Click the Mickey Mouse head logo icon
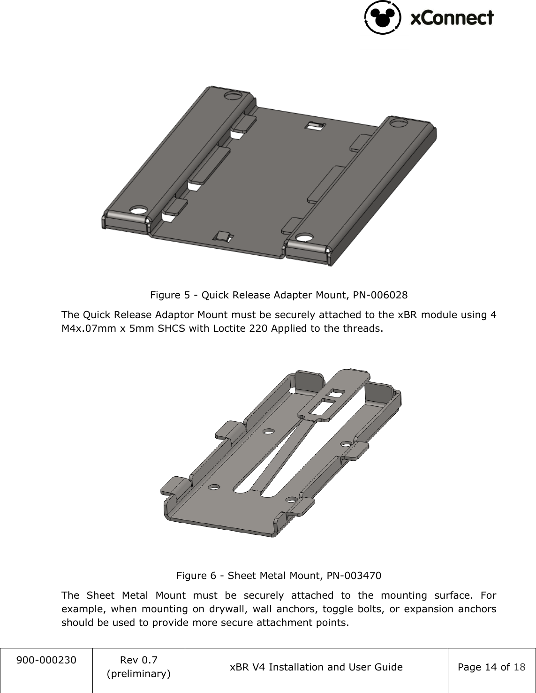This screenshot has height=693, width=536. (383, 18)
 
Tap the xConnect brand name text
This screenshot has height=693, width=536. (452, 18)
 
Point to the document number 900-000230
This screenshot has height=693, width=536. (46, 660)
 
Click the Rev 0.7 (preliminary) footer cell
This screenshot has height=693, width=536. (139, 667)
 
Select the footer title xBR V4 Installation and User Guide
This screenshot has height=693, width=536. (316, 667)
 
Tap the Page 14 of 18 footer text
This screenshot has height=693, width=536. (491, 667)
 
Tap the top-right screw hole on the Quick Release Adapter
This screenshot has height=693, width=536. (398, 123)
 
